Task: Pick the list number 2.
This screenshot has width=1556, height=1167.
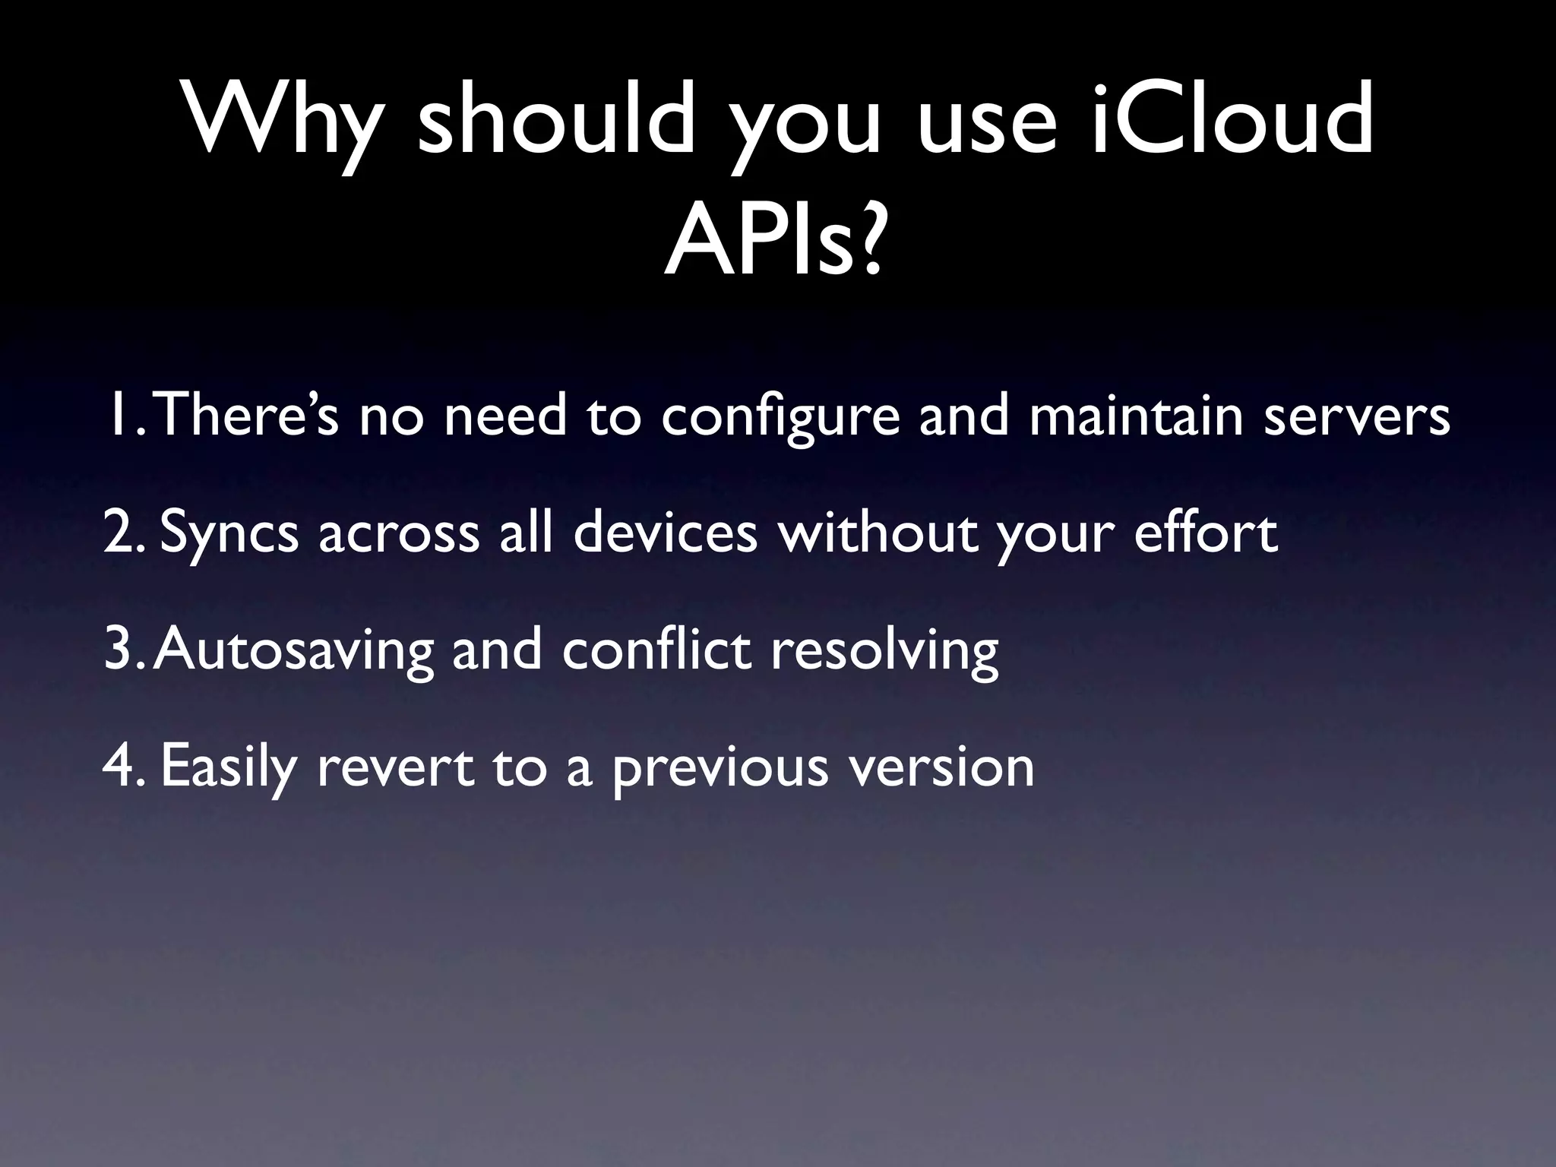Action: [x=122, y=533]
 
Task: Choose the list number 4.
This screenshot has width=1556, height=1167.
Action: [x=122, y=767]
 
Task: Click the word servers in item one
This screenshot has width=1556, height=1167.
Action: [x=1357, y=417]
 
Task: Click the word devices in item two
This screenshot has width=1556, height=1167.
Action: [x=666, y=533]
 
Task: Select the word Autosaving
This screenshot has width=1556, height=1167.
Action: [x=293, y=652]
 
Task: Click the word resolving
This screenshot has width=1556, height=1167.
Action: [x=884, y=652]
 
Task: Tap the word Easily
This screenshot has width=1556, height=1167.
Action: [x=228, y=768]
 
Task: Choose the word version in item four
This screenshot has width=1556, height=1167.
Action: [x=941, y=768]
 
